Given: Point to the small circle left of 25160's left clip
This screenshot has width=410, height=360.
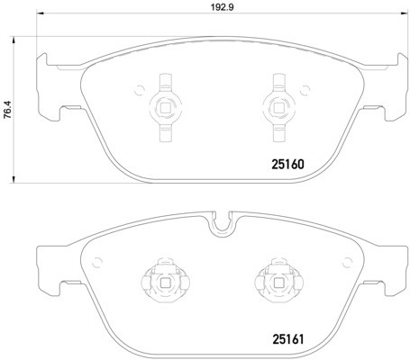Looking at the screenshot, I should pyautogui.click(x=140, y=89).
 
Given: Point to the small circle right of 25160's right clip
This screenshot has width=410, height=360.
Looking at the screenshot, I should pyautogui.click(x=298, y=89).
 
